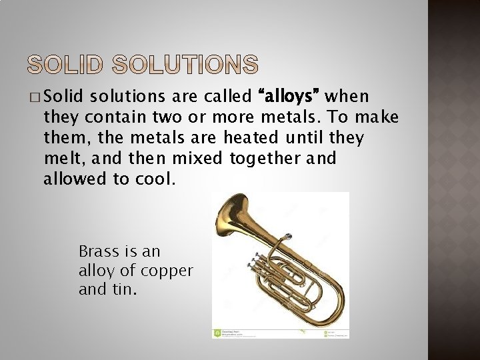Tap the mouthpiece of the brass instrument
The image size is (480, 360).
[x=288, y=237]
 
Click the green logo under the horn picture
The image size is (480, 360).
[x=217, y=333]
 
